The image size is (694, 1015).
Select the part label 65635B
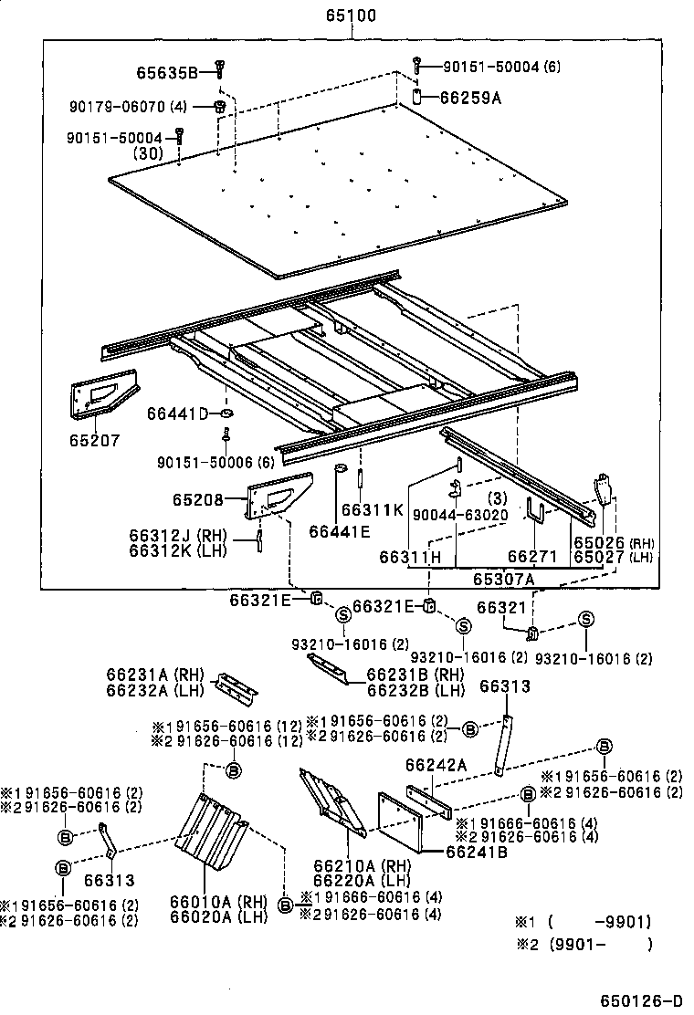coord(167,71)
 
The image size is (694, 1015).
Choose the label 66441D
coord(177,413)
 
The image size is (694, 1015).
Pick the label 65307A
coord(503,579)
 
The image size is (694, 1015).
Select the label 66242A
coord(436,766)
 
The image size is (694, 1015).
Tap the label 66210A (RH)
coord(350,866)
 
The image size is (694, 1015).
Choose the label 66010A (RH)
coord(217,903)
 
